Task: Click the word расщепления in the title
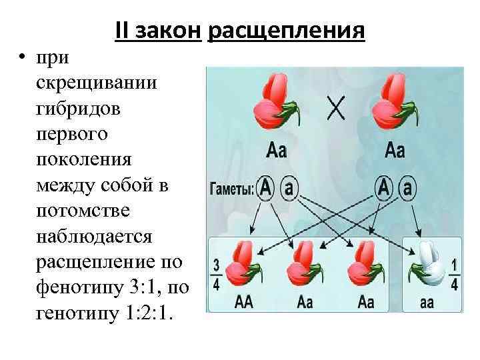click(287, 31)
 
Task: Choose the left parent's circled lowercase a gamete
click(288, 189)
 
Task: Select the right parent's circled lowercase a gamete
click(408, 189)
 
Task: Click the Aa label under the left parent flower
click(276, 150)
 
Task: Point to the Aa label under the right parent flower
click(395, 150)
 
